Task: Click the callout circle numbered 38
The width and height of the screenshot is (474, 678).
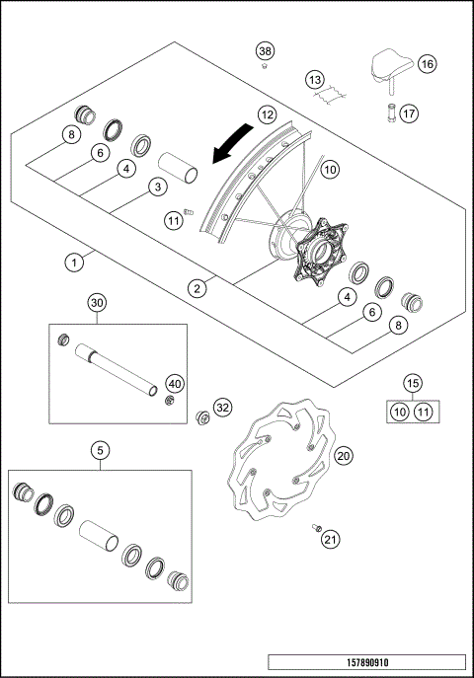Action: pos(265,50)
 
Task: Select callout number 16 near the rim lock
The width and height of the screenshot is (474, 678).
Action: pos(426,63)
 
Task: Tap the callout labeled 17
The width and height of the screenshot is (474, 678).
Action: pos(408,112)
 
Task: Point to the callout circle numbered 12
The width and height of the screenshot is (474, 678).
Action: pos(266,114)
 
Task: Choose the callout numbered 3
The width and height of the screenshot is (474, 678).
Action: pos(156,187)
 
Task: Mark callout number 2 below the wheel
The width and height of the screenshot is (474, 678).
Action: pos(198,288)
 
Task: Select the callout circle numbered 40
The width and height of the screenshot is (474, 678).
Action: pos(174,383)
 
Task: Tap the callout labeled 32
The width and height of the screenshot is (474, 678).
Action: pos(223,407)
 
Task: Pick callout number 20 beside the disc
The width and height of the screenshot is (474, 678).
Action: pos(343,455)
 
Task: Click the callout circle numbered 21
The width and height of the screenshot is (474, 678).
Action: pos(330,539)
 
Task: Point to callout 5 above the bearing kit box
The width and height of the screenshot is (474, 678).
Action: pos(98,451)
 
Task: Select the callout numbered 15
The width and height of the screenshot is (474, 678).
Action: pos(414,382)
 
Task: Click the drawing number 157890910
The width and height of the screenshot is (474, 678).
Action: pos(365,662)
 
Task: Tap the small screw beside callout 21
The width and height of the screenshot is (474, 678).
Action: pos(317,527)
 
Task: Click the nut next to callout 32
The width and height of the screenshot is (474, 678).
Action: pos(203,414)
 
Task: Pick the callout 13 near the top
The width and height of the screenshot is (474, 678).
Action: pos(314,79)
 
